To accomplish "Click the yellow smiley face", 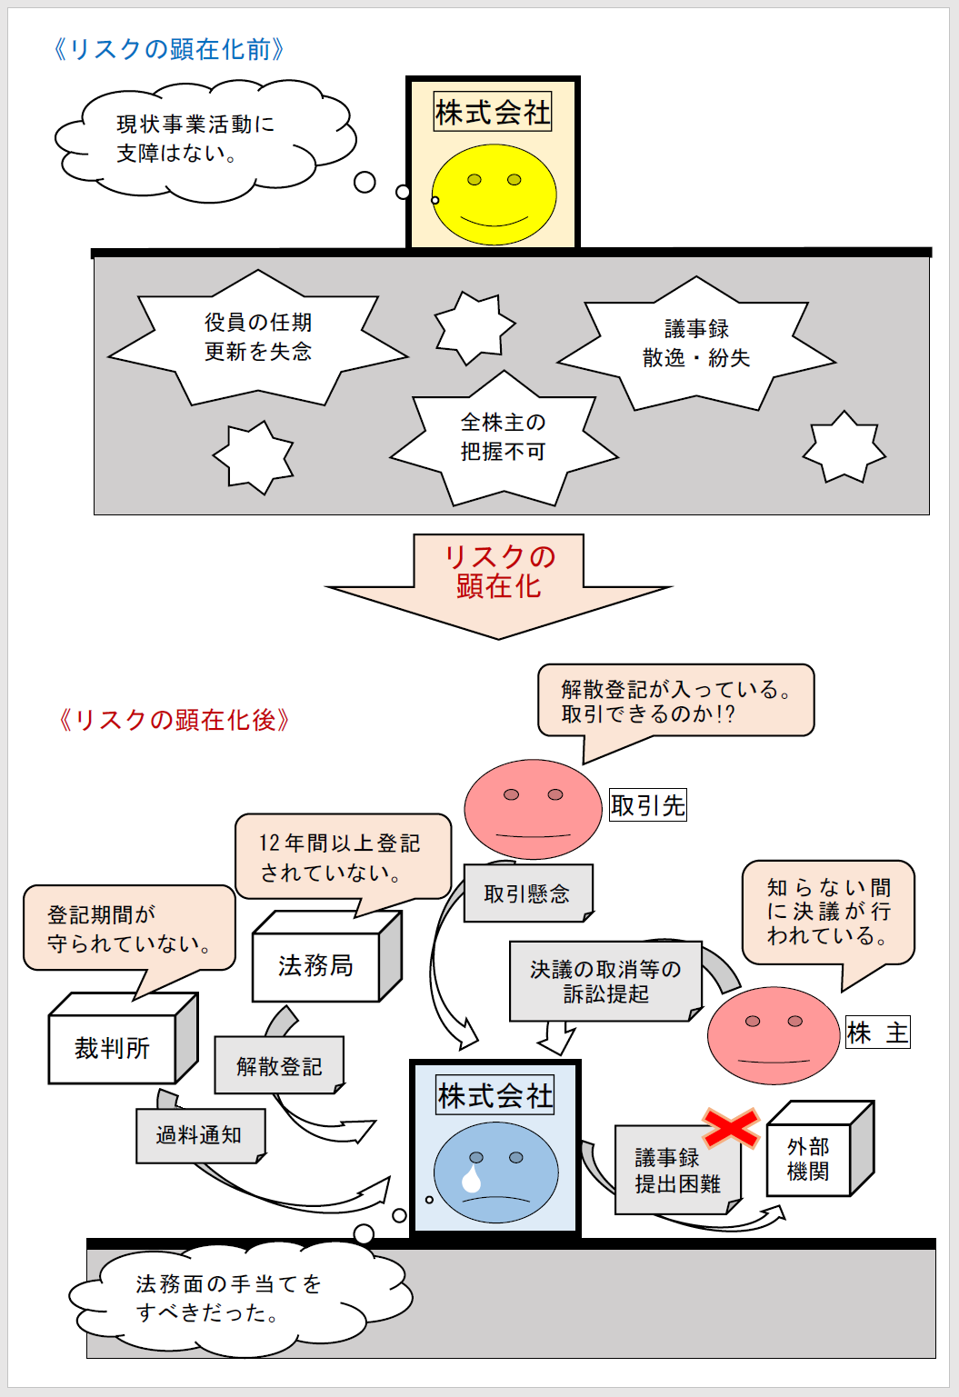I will pyautogui.click(x=494, y=195).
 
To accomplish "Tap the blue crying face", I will pyautogui.click(x=496, y=1172).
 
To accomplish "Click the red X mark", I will pyautogui.click(x=731, y=1128).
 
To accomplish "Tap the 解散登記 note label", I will pyautogui.click(x=278, y=1066).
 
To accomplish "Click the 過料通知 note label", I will pyautogui.click(x=199, y=1135).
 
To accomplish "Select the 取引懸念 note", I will pyautogui.click(x=527, y=893).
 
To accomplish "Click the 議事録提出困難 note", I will pyautogui.click(x=677, y=1171).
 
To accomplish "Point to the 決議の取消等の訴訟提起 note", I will pyautogui.click(x=605, y=982).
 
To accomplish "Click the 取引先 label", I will pyautogui.click(x=647, y=805).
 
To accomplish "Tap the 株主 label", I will pyautogui.click(x=877, y=1033).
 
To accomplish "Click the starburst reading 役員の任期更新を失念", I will pyautogui.click(x=258, y=337).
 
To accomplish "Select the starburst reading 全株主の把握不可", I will pyautogui.click(x=503, y=437).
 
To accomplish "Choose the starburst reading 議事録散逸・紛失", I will pyautogui.click(x=696, y=344).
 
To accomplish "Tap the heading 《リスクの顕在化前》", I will pyautogui.click(x=169, y=49).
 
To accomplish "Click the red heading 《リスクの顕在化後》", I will pyautogui.click(x=174, y=720).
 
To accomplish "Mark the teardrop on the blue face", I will pyautogui.click(x=472, y=1179).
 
